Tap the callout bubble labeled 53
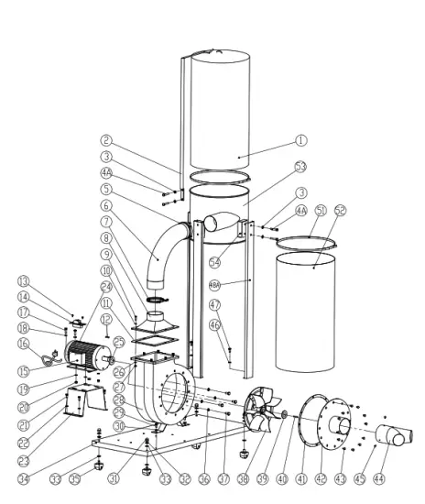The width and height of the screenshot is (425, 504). tap(300, 166)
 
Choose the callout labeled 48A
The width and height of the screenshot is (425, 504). tap(215, 284)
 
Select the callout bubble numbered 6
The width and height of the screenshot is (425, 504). tap(107, 205)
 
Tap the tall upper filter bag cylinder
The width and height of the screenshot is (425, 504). tap(217, 101)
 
